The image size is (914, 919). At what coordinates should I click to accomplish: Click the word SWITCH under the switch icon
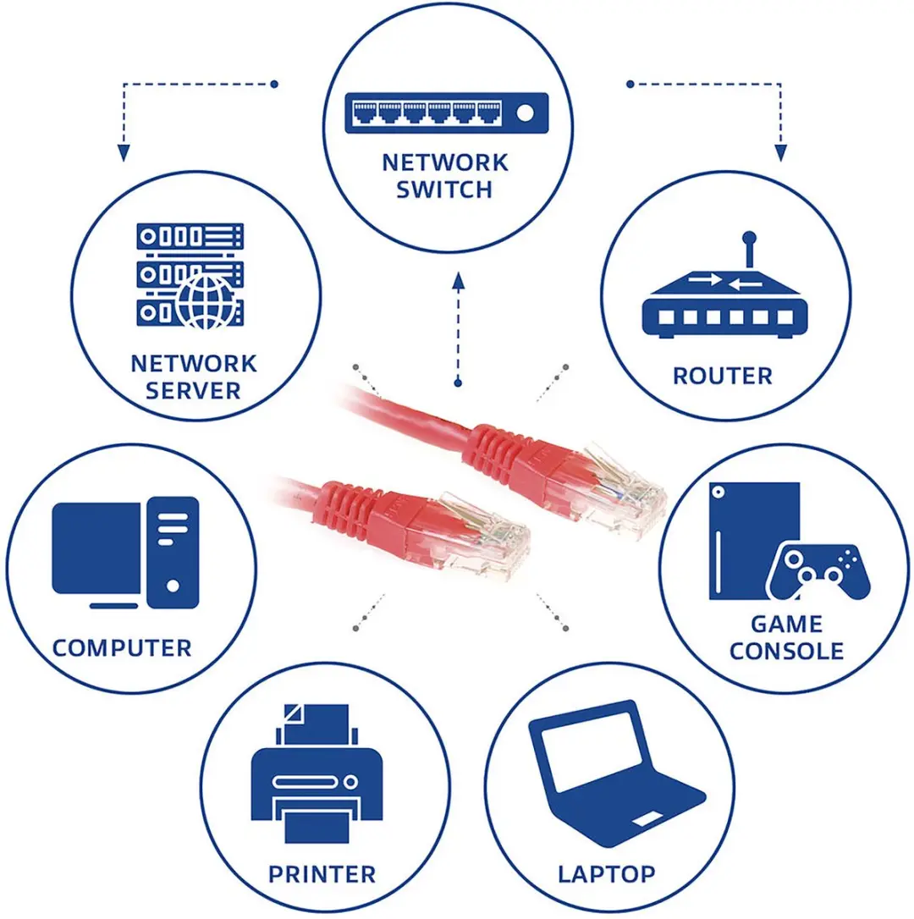tap(443, 190)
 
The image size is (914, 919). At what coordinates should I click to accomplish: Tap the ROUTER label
tap(722, 377)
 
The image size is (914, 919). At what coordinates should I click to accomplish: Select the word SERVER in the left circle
tap(193, 391)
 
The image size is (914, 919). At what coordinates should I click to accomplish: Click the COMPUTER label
tap(122, 648)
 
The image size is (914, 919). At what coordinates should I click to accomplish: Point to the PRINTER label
tap(322, 874)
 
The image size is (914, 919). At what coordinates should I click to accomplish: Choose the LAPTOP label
tap(606, 874)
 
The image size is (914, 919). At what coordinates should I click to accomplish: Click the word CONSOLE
tap(786, 651)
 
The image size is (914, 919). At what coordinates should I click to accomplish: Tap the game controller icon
tap(818, 571)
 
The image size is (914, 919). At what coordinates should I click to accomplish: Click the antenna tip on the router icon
tap(749, 238)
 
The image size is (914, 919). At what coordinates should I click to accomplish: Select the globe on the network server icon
tap(206, 302)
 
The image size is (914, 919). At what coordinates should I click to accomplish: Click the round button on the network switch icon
tap(525, 113)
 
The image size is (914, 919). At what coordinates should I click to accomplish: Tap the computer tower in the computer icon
tap(173, 553)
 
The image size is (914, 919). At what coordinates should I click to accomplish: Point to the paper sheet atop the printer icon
tap(317, 724)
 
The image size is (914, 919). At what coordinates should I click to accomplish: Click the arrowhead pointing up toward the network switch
tap(459, 281)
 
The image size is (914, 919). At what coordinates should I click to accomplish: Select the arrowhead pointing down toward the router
tap(780, 152)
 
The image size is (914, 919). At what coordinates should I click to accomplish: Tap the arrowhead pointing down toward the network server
tap(124, 152)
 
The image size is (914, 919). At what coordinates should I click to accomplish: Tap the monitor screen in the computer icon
tap(96, 548)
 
